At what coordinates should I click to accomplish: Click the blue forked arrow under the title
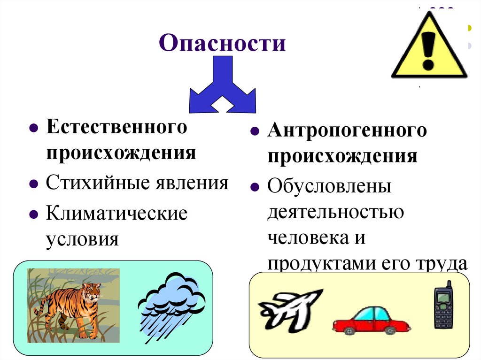click(222, 87)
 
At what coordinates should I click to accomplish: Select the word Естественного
click(116, 128)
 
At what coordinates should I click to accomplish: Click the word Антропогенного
click(347, 131)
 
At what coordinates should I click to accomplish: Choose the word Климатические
click(116, 213)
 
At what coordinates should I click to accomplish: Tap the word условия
click(82, 239)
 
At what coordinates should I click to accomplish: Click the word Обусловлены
click(329, 187)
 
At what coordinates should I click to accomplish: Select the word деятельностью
click(336, 212)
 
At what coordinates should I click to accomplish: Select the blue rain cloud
click(172, 300)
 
